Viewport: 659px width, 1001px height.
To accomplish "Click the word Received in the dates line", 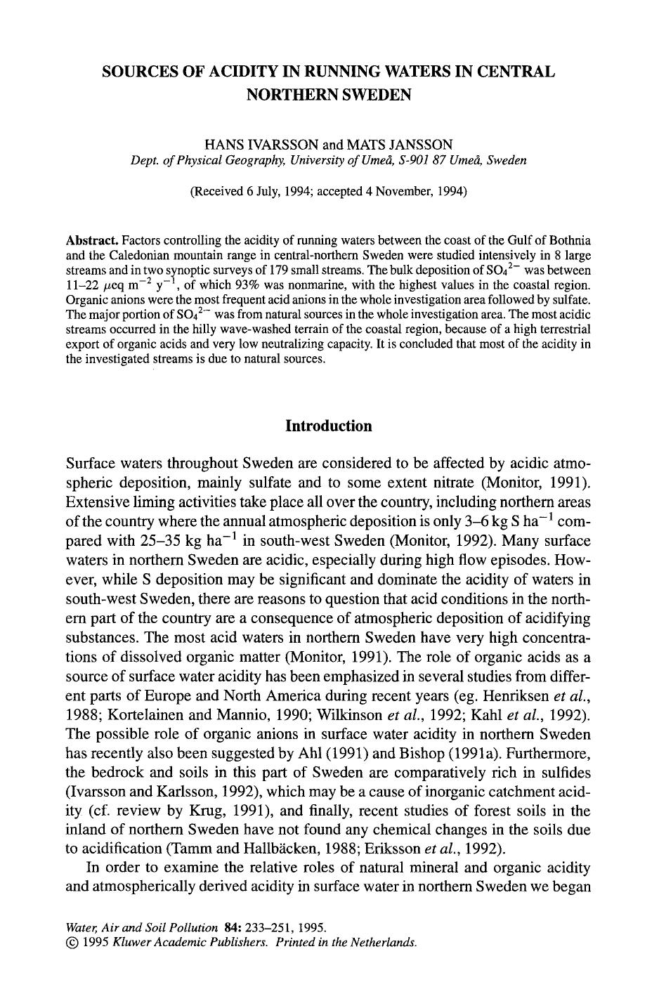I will tap(218, 191).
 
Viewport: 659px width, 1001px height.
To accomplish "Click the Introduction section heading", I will tap(329, 426).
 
